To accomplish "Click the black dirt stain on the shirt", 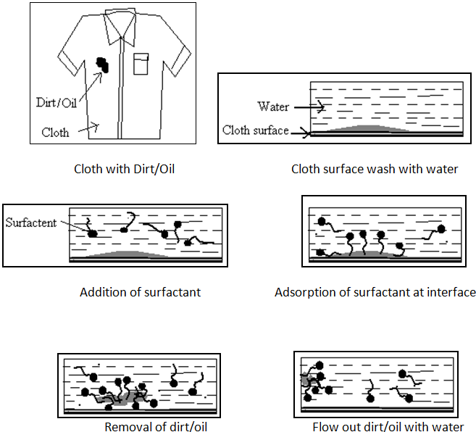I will point(104,65).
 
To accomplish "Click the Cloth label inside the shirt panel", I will point(56,133).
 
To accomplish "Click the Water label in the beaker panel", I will point(273,107).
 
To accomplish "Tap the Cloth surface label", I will point(255,130).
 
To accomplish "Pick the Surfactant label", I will point(31,223).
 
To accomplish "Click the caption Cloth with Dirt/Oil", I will point(125,170).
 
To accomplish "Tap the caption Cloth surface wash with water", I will point(375,170).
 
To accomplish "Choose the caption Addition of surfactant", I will point(141,293).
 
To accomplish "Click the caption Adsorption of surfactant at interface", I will point(375,293).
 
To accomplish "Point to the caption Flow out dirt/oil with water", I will point(388,426).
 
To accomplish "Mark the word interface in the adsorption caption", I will point(451,293).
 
